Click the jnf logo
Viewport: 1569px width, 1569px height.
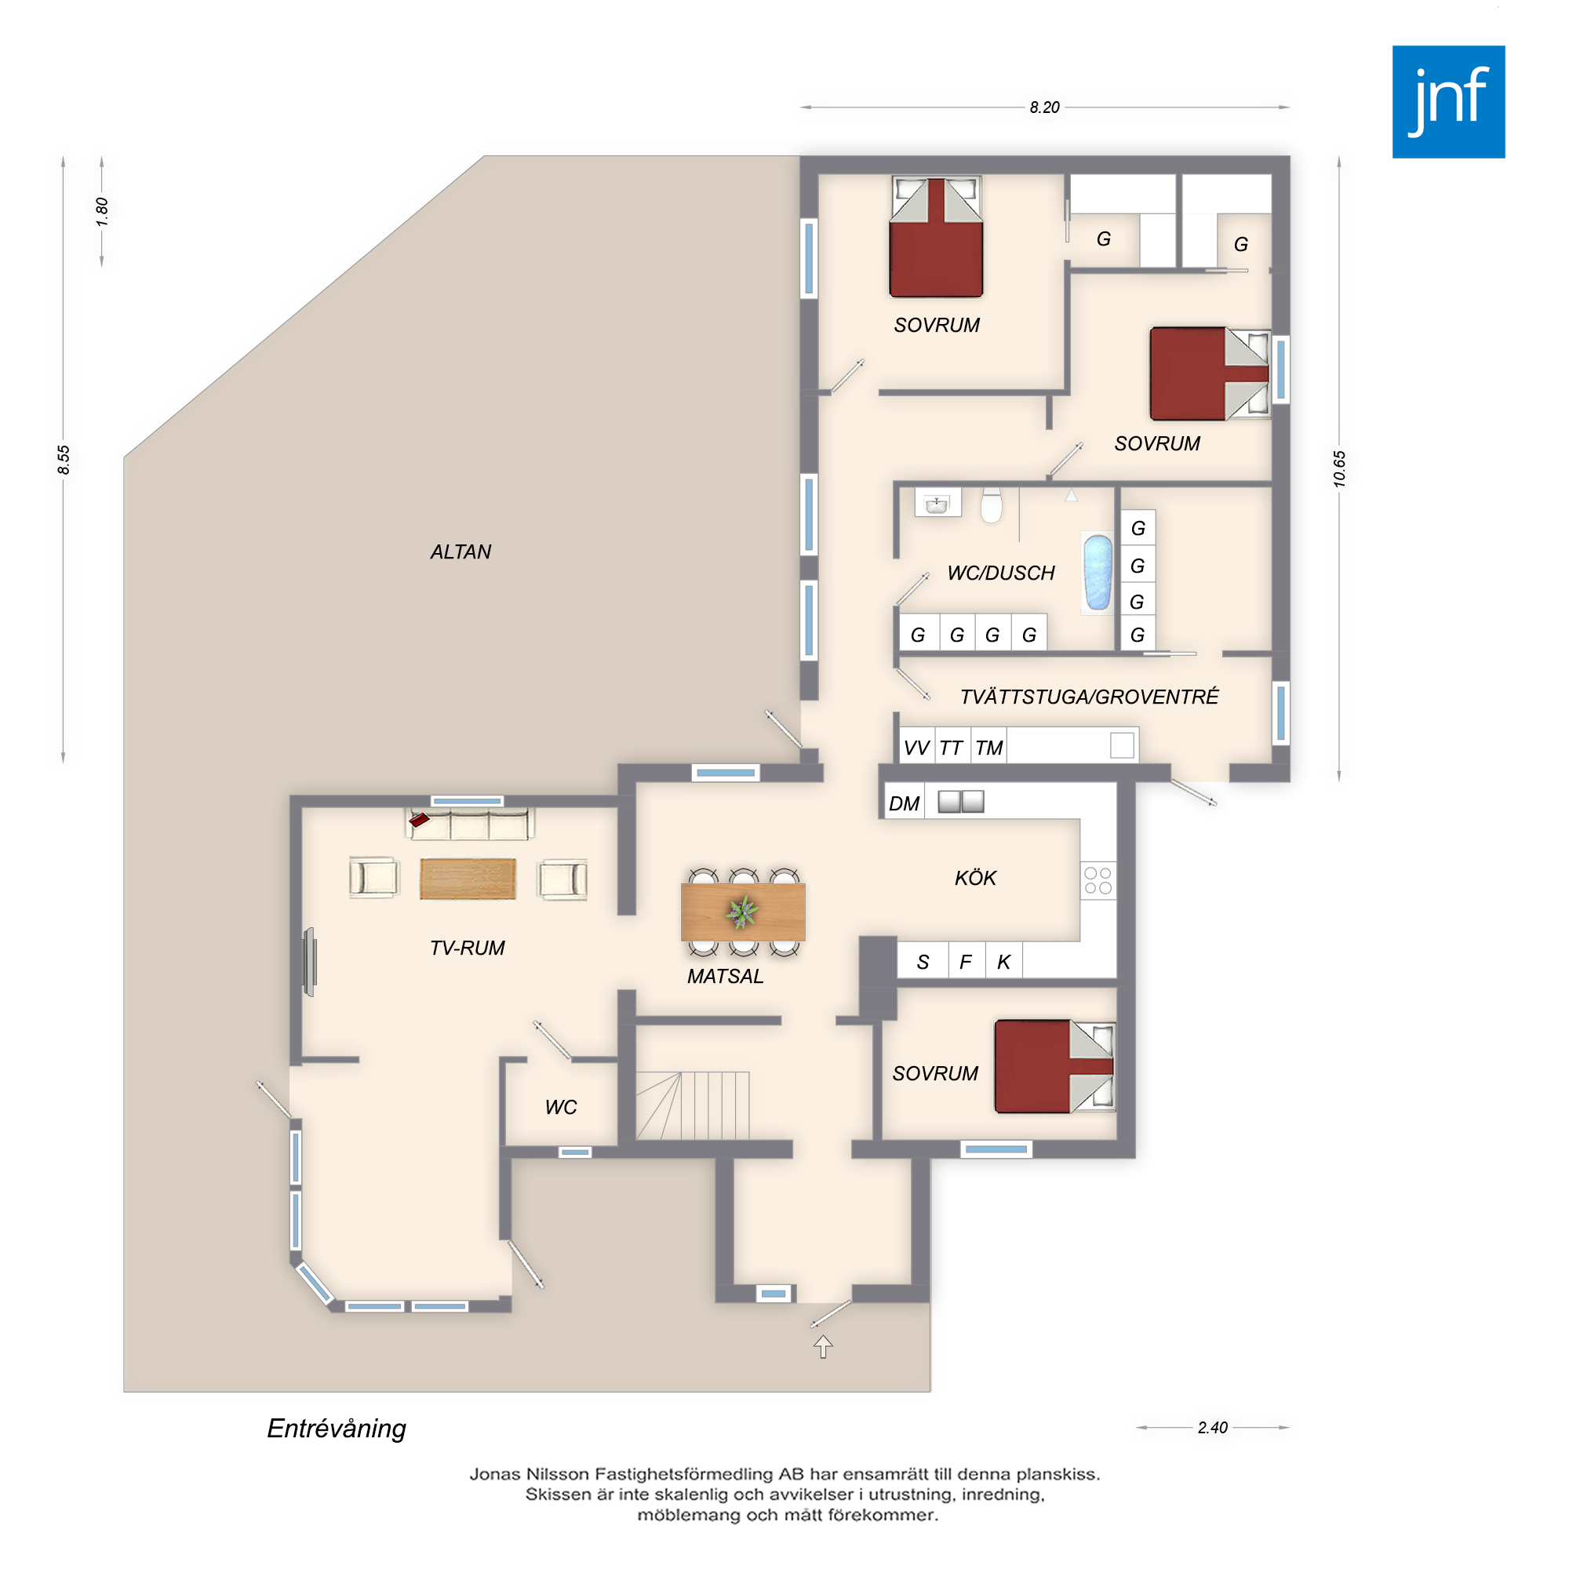(x=1448, y=101)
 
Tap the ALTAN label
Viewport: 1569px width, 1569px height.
(x=461, y=552)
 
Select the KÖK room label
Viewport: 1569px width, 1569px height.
(x=975, y=878)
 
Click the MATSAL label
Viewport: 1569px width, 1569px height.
(x=725, y=976)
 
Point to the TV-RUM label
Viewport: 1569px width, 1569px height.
(x=467, y=948)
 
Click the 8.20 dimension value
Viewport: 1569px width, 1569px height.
(x=1044, y=107)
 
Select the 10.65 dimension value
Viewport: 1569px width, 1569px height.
(x=1339, y=468)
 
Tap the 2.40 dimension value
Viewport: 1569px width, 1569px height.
(x=1213, y=1427)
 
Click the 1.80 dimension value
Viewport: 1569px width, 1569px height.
(x=101, y=212)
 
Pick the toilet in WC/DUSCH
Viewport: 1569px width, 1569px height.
(x=992, y=504)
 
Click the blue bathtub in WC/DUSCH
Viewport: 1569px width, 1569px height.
(x=1098, y=572)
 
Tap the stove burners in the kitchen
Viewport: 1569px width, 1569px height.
(x=1098, y=880)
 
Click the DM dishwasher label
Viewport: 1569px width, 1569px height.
(x=904, y=804)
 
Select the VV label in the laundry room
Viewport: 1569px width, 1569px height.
(x=917, y=748)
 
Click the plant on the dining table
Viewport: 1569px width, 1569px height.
(x=742, y=911)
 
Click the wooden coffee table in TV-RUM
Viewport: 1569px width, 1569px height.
(x=468, y=879)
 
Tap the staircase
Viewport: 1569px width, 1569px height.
(x=692, y=1105)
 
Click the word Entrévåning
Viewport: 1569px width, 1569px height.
(x=337, y=1429)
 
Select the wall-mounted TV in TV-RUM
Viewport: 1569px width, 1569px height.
(x=309, y=963)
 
